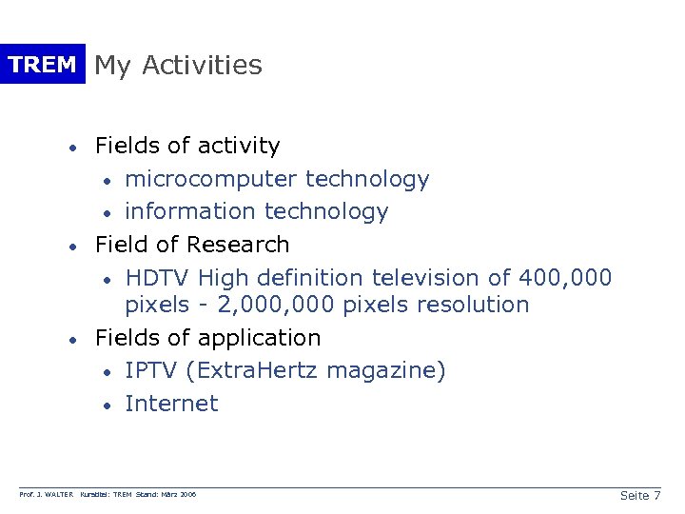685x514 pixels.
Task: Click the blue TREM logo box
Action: tap(42, 65)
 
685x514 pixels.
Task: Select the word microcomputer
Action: tap(198, 179)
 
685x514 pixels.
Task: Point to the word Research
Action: tap(238, 245)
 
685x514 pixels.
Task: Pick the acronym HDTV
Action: tap(158, 278)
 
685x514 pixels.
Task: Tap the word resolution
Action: tap(472, 305)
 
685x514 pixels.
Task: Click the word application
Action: tap(259, 338)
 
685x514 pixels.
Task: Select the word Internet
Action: tap(171, 404)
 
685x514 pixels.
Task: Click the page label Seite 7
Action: tap(639, 495)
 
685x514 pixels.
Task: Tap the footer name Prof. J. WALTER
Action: tap(47, 495)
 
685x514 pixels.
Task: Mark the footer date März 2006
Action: tap(177, 495)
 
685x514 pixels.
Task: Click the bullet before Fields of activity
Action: tap(71, 148)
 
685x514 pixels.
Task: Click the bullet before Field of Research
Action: tap(71, 247)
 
